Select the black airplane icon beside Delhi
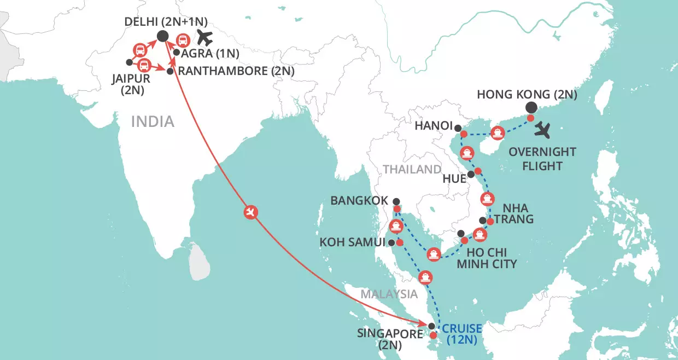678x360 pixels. coord(204,39)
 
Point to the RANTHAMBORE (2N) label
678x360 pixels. coord(237,71)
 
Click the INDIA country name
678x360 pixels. coord(153,121)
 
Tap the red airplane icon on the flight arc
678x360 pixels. coord(250,212)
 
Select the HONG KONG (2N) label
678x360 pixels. coord(527,94)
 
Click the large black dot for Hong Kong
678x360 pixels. coord(530,108)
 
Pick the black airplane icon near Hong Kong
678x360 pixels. coord(543,131)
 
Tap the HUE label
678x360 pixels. coord(453,177)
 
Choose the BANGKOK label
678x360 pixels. coord(359,201)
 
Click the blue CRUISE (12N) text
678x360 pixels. coord(463,334)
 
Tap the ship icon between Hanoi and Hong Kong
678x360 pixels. coord(497,132)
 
